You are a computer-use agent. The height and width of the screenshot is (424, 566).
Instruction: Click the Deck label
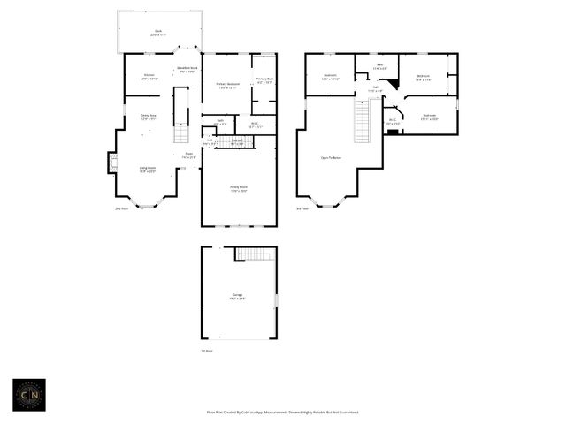[158, 33]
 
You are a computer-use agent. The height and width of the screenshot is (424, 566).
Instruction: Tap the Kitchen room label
[149, 77]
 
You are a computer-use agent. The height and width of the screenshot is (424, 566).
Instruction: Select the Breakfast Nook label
[187, 70]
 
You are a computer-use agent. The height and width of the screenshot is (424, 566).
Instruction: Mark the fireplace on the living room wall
[111, 163]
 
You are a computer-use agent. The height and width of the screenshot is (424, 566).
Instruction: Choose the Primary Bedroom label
[228, 86]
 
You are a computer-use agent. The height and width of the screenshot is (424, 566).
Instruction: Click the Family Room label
[239, 188]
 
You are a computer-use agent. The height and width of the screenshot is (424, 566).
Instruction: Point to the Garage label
[238, 297]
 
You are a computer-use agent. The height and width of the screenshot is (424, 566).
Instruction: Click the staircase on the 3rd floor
[362, 121]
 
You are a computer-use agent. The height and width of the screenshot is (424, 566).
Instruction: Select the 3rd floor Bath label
[379, 65]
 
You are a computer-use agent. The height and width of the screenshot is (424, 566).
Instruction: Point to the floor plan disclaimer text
[282, 412]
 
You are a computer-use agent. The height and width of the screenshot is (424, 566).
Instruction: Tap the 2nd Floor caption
[121, 208]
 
